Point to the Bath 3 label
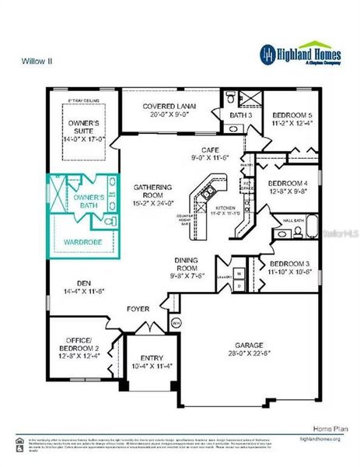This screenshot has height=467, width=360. point(238,116)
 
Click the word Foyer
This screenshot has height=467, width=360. point(138,310)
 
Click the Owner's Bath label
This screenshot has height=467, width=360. point(87,202)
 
